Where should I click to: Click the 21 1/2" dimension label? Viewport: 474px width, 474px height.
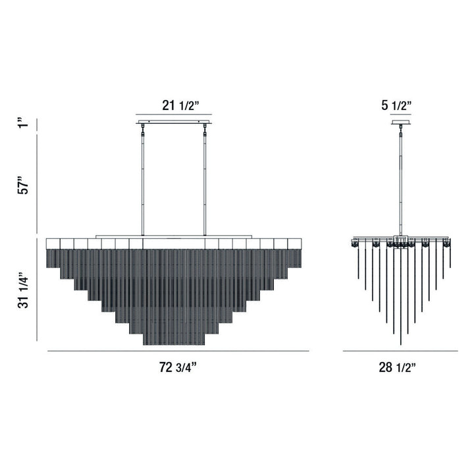click(174, 105)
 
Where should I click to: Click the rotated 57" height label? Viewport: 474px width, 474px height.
click(24, 185)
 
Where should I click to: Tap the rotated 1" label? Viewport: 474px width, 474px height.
click(24, 123)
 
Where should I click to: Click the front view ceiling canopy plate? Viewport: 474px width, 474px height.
click(174, 122)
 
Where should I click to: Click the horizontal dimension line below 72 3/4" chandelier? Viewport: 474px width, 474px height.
click(178, 352)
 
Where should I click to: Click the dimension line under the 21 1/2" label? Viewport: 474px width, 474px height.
click(174, 117)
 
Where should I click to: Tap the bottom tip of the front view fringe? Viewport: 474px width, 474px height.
click(174, 344)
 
